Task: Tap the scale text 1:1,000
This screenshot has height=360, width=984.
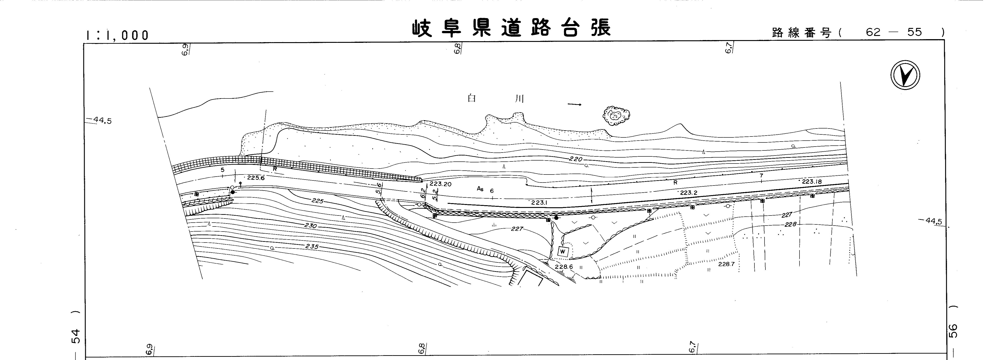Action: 117,35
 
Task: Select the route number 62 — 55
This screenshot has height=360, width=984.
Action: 894,33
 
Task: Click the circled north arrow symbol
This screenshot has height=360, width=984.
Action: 905,76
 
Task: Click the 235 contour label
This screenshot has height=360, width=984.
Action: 312,246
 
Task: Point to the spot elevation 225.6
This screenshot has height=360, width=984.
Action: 255,178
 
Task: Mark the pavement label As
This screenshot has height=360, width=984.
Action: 480,188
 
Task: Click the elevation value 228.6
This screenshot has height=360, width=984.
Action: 564,267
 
